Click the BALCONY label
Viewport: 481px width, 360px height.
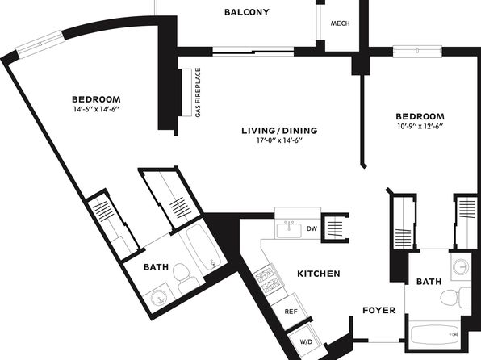(x=247, y=12)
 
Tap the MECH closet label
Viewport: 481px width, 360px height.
(x=340, y=23)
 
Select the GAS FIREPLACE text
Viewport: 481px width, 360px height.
(x=198, y=92)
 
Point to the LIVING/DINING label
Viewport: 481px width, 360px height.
(x=279, y=131)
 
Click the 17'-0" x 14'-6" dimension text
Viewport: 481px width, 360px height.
(x=279, y=140)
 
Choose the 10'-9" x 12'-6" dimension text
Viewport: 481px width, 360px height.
(x=420, y=126)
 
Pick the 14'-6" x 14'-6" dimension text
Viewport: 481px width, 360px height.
(x=96, y=109)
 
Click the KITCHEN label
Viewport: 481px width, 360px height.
(x=319, y=274)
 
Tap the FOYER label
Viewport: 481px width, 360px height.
(x=379, y=310)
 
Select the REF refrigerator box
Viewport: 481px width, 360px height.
(x=290, y=311)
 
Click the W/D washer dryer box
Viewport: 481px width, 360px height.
(x=306, y=341)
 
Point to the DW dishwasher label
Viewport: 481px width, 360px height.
(x=312, y=228)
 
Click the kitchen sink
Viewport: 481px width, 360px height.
(x=289, y=230)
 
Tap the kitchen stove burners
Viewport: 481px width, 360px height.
(x=267, y=279)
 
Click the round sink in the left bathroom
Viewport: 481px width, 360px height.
(x=159, y=297)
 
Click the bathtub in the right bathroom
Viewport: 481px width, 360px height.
(x=435, y=335)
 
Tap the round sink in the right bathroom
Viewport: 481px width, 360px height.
(x=461, y=266)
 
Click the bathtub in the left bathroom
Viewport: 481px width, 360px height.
(x=203, y=247)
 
